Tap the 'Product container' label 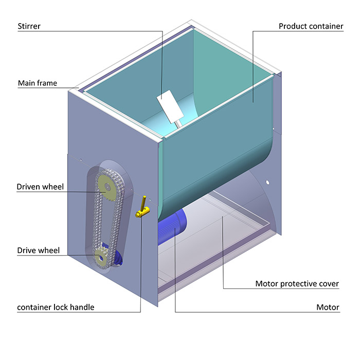[311, 26]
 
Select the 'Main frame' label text [38, 83]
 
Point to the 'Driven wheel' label [40, 187]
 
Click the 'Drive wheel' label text [38, 250]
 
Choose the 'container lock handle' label [56, 308]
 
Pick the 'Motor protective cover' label [297, 283]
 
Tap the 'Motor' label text [328, 308]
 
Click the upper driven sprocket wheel [106, 187]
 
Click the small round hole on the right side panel [268, 182]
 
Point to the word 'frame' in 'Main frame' [47, 83]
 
